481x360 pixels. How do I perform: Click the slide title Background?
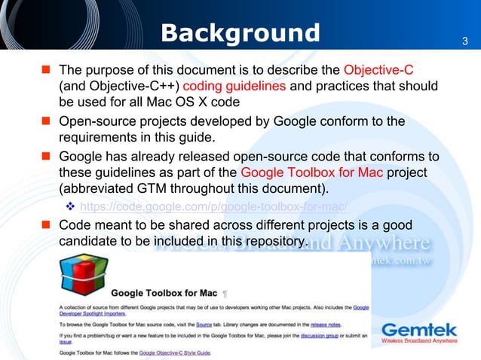click(x=240, y=33)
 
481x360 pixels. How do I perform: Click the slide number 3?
click(x=464, y=41)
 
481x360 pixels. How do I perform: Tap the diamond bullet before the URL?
click(x=70, y=206)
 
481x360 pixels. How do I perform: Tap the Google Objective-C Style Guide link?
click(x=175, y=352)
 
